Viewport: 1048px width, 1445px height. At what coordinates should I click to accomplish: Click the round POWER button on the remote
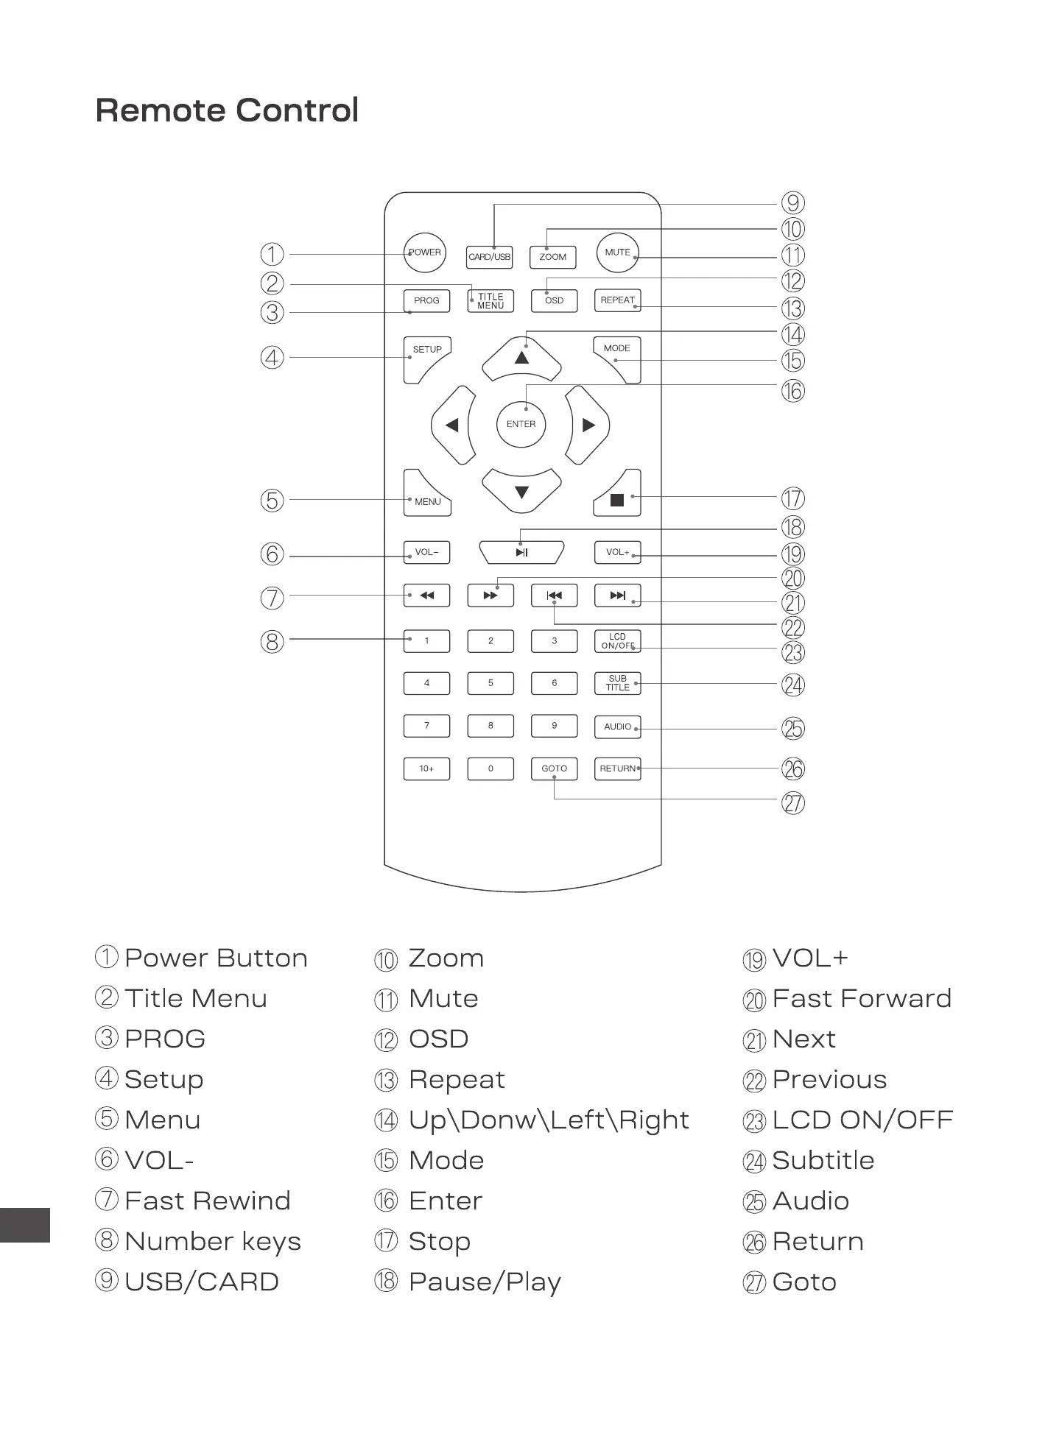pos(425,252)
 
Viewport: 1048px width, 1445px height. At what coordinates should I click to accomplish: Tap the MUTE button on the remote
pos(617,252)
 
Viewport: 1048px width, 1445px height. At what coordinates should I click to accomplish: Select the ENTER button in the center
pos(521,424)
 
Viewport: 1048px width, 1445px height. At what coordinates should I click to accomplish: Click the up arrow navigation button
pos(521,358)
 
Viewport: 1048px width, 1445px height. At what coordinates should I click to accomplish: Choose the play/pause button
pos(521,552)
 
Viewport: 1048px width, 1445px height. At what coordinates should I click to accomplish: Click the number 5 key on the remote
pos(490,683)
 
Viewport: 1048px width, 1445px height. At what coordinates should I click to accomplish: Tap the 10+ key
pos(426,769)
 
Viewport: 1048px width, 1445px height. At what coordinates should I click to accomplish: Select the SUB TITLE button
pos(617,683)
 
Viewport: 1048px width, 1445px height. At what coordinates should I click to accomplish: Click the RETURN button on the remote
pos(617,769)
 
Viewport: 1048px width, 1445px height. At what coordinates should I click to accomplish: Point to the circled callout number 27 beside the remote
pos(793,803)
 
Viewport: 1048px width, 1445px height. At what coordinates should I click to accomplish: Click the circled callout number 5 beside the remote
pos(272,501)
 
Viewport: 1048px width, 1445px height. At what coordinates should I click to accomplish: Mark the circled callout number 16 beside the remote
pos(793,391)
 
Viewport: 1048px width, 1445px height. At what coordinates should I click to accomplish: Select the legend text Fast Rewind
pos(208,1201)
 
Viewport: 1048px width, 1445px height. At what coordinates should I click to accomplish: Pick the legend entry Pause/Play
pos(485,1282)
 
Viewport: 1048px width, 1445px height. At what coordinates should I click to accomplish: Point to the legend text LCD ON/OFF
pos(862,1120)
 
